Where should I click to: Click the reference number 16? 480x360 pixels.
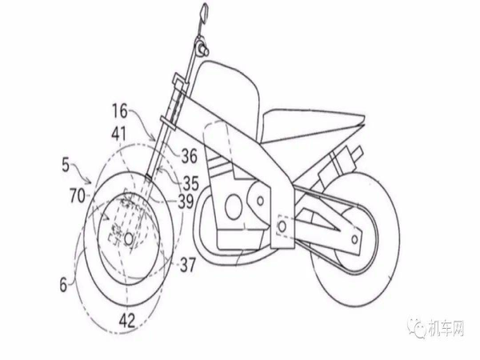click(x=120, y=111)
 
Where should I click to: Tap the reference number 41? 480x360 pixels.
click(x=119, y=134)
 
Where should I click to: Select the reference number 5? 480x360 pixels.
click(x=66, y=165)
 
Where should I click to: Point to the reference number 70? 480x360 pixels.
click(x=77, y=196)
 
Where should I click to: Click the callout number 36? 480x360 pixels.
click(x=190, y=156)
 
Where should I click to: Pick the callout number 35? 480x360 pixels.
click(x=191, y=183)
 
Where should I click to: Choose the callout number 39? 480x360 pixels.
click(x=186, y=202)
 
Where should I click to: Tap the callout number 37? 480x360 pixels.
click(x=187, y=265)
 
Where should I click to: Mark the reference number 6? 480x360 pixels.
click(x=63, y=285)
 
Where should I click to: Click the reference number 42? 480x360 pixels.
click(x=127, y=321)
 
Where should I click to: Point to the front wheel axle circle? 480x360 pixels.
click(x=129, y=238)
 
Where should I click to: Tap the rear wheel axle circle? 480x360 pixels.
click(x=354, y=239)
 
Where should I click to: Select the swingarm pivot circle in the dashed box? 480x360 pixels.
click(x=282, y=226)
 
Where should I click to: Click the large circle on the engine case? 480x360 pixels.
click(x=234, y=207)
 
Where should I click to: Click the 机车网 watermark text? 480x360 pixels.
click(x=446, y=329)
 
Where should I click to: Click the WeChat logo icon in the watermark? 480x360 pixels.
click(x=417, y=329)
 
